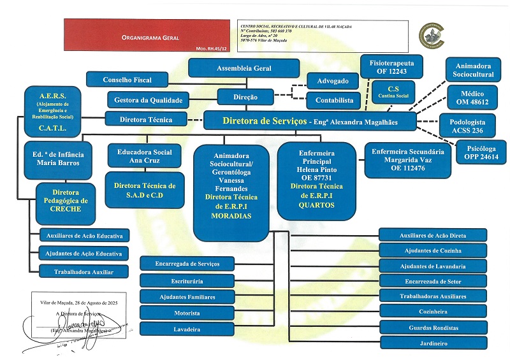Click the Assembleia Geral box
pyautogui.click(x=244, y=68)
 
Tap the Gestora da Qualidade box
pyautogui.click(x=149, y=99)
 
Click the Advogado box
pyautogui.click(x=333, y=82)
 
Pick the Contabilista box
pyautogui.click(x=333, y=101)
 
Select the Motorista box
pyautogui.click(x=187, y=314)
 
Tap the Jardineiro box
pyautogui.click(x=432, y=343)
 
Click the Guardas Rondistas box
pyautogui.click(x=432, y=328)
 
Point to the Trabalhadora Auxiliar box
pyautogui.click(x=84, y=271)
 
